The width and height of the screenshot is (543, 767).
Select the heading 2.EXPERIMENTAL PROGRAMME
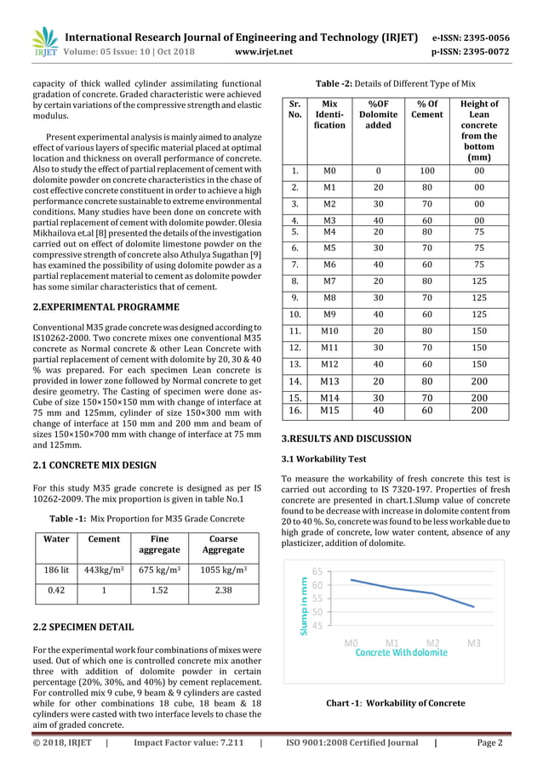point(105,306)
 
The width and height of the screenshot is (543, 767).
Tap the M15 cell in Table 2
point(330,411)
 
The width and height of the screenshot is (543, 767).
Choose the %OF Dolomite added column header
point(378,115)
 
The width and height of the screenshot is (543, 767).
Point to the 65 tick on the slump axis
point(317,571)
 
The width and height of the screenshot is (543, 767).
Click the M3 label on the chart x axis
point(474,643)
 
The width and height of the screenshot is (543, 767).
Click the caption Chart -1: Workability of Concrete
point(396,703)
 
